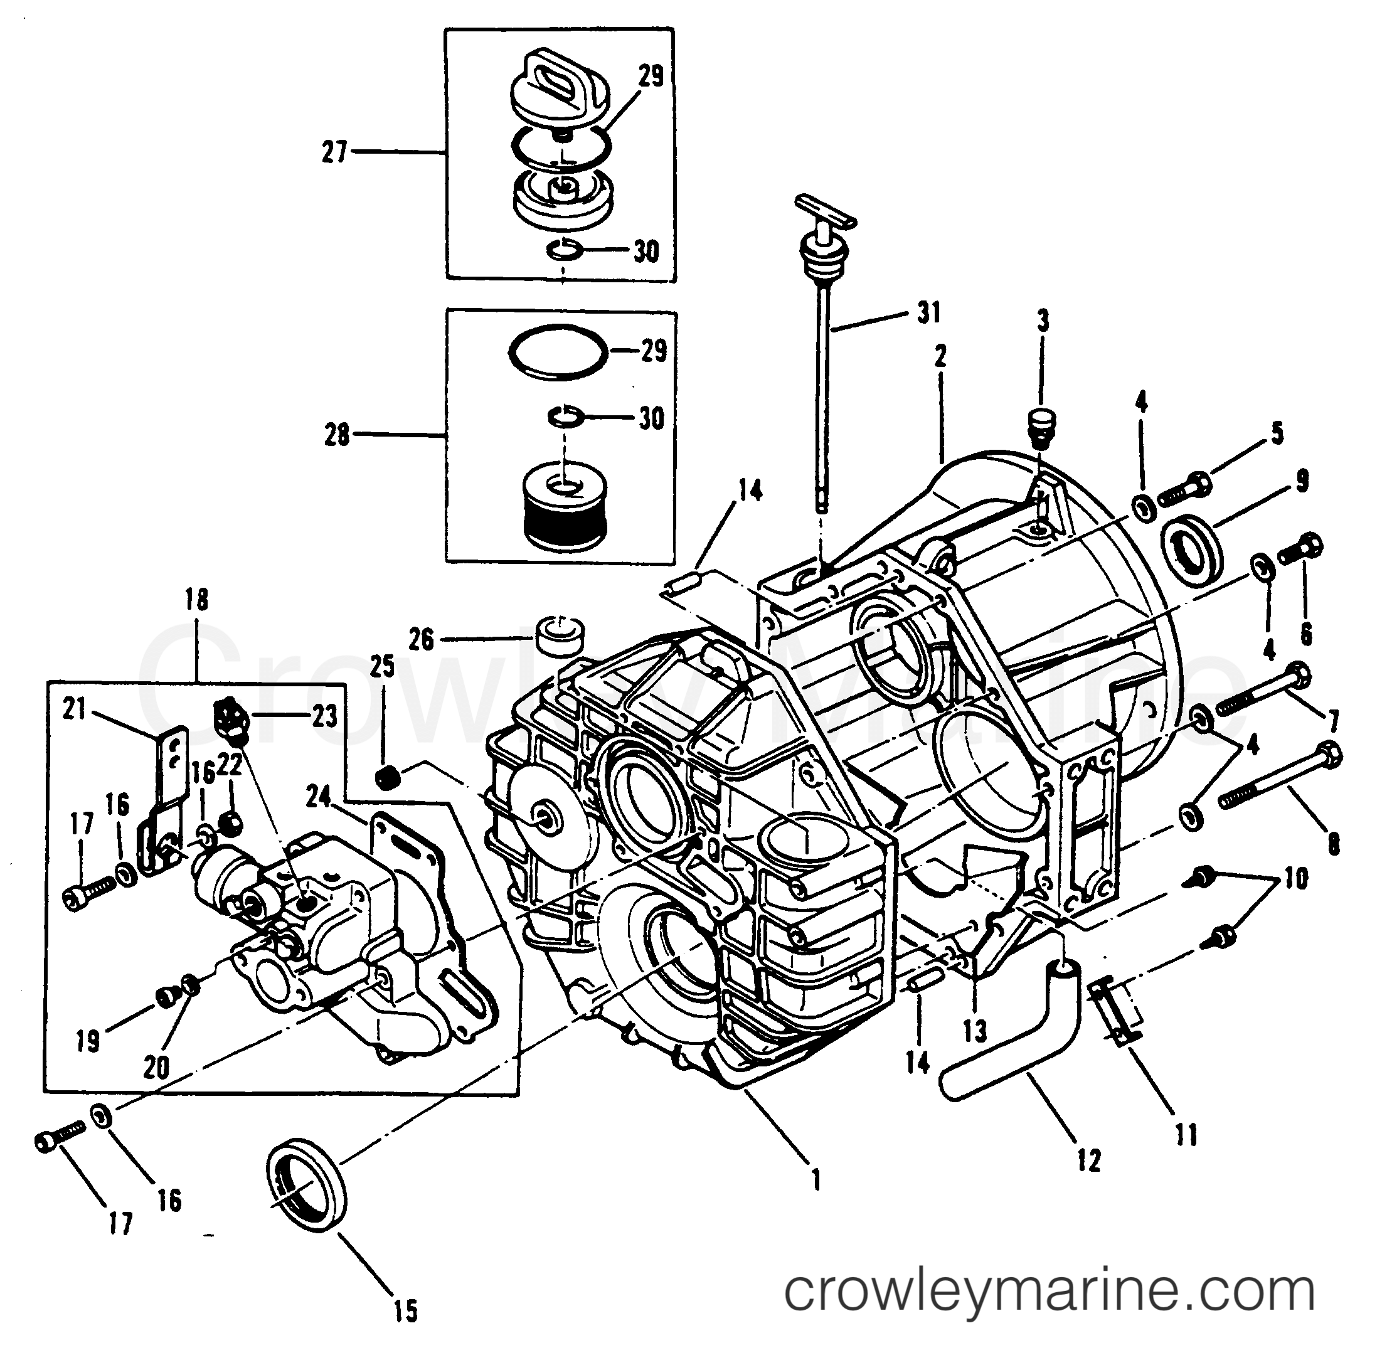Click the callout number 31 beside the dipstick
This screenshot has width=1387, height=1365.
pyautogui.click(x=928, y=312)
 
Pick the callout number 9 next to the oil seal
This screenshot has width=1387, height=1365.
pyautogui.click(x=1301, y=481)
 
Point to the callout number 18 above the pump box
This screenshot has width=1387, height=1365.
pyautogui.click(x=196, y=599)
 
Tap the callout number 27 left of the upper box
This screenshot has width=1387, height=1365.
pyautogui.click(x=334, y=152)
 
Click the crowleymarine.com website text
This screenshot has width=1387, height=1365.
pyautogui.click(x=1049, y=1290)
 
